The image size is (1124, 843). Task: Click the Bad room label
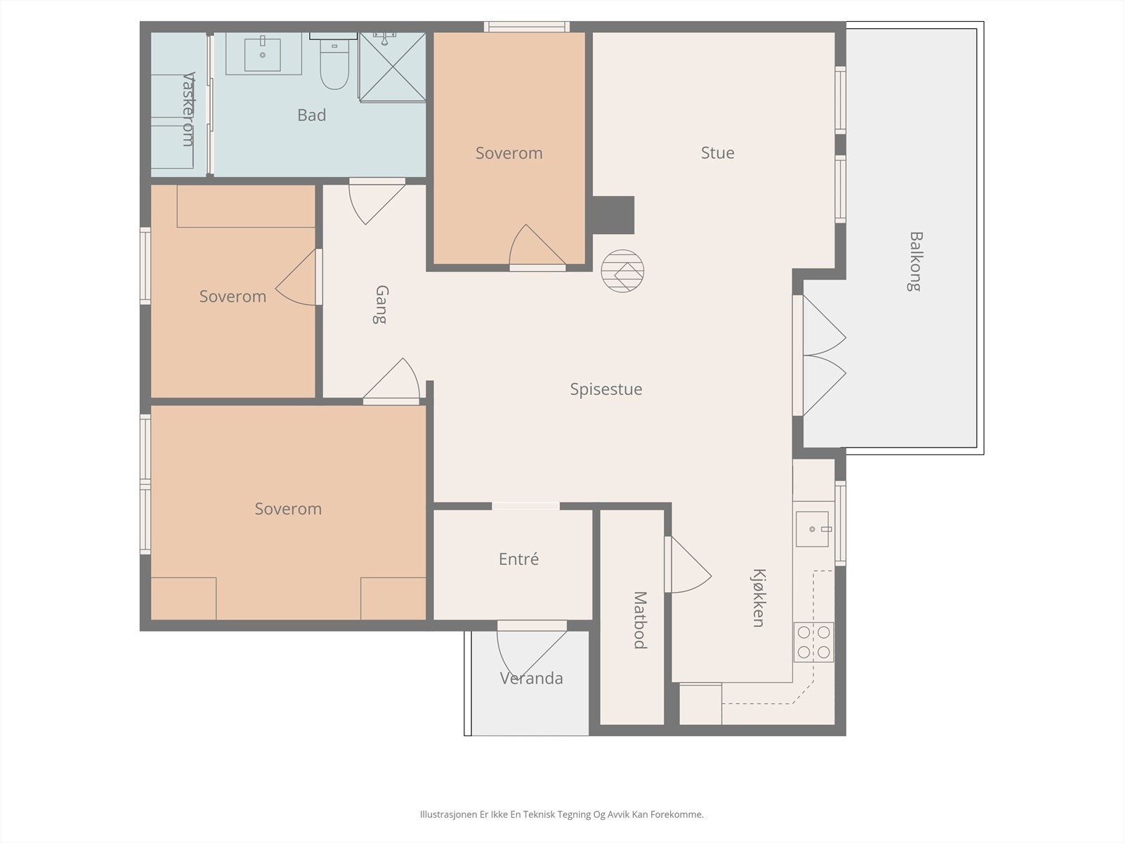coord(311,115)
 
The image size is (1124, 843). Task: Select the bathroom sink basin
coord(263,54)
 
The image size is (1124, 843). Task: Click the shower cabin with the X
coord(392,67)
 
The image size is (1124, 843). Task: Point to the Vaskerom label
coord(189,110)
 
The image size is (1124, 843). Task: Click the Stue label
coord(717,152)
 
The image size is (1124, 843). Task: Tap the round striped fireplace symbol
coord(622,270)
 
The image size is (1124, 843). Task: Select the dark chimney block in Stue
coord(613,215)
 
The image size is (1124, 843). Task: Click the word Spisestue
coord(606,389)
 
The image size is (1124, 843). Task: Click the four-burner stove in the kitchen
coord(813,642)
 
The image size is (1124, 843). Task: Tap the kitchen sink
coord(812,529)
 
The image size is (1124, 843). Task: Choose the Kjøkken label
coord(759,598)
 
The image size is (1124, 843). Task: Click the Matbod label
coord(640,620)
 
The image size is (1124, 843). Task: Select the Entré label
coord(518,558)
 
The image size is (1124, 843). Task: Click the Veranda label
coord(532,678)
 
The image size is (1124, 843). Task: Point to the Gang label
coord(381,305)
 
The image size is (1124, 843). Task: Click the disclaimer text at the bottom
coord(562,814)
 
